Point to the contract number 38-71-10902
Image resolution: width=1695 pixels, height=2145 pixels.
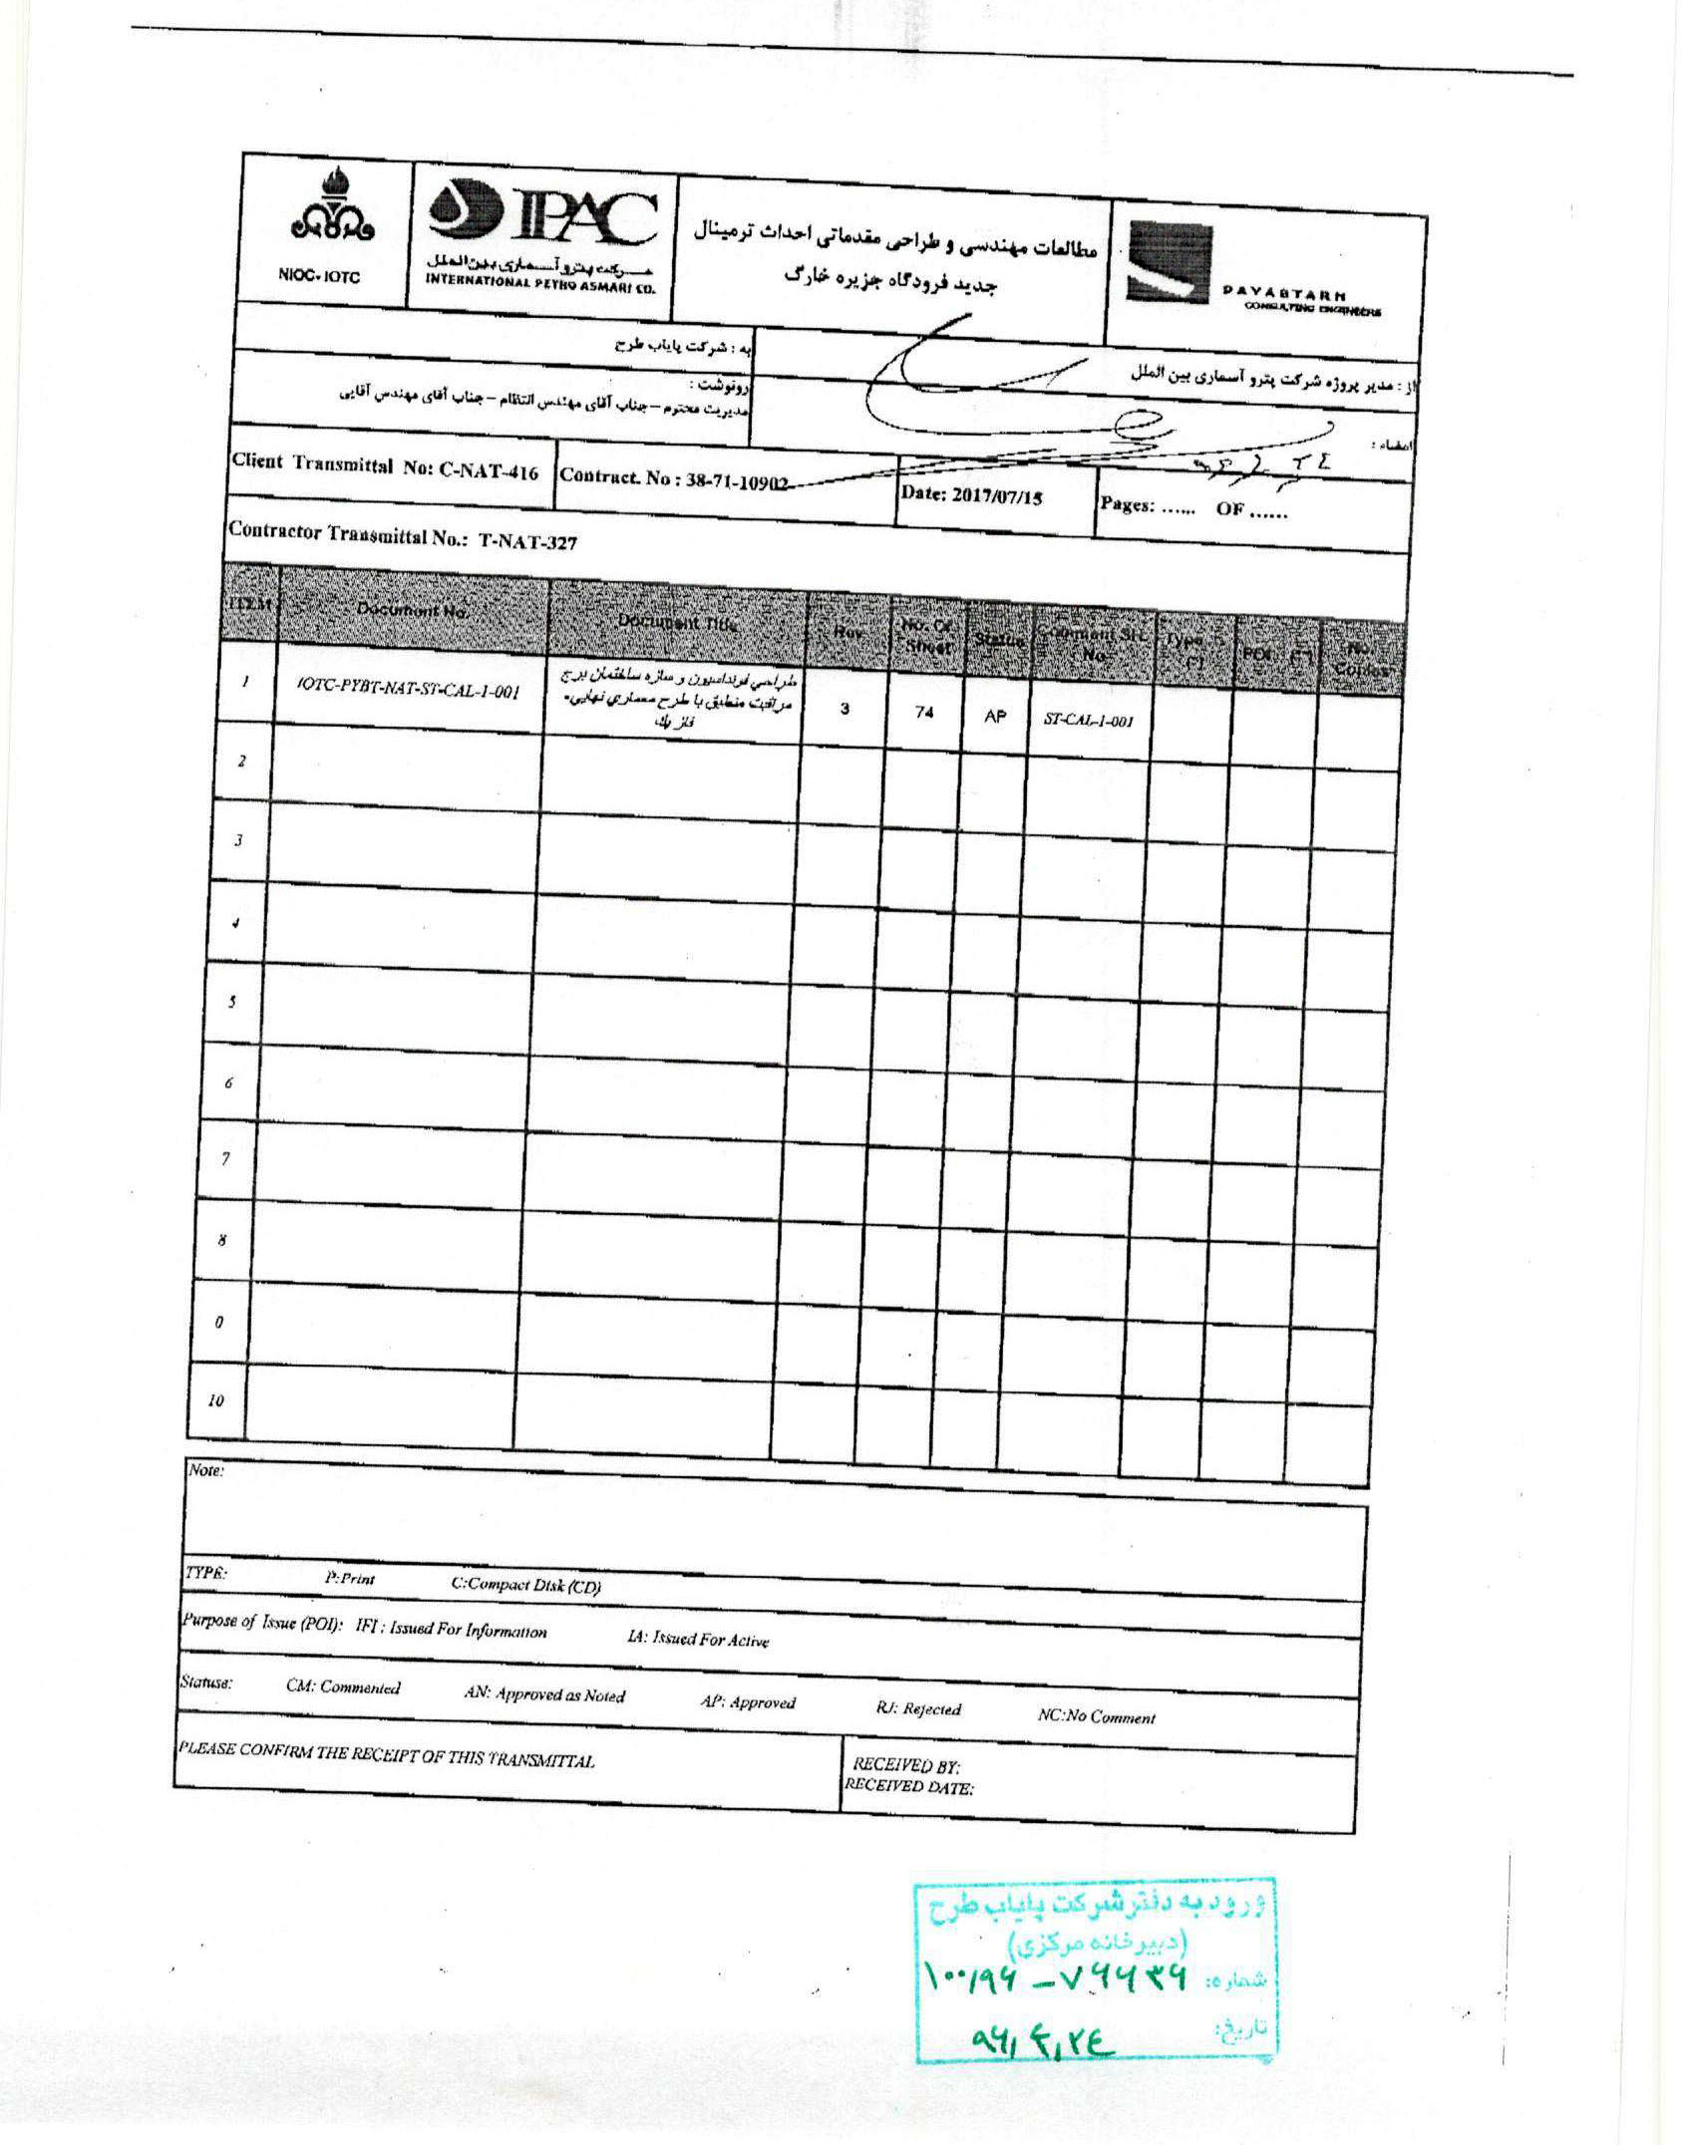[x=676, y=480]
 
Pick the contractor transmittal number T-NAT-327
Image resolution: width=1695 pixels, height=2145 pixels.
[x=403, y=536]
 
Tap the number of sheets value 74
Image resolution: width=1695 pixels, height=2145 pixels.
[x=923, y=714]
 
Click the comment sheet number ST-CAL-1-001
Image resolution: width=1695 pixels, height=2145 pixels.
[x=1090, y=723]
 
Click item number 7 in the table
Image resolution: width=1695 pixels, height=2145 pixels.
[x=226, y=1158]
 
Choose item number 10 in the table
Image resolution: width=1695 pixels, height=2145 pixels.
[x=216, y=1400]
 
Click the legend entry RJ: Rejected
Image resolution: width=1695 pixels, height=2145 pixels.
[x=918, y=1708]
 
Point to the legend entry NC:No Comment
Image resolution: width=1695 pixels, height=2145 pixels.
[x=1096, y=1717]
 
